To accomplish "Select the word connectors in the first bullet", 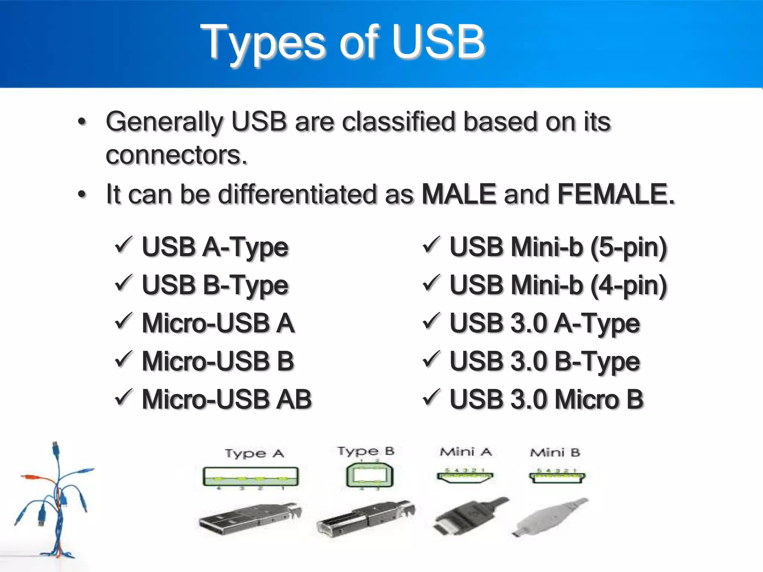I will (x=176, y=155).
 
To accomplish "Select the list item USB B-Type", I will (x=215, y=285).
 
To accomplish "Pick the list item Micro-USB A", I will (x=218, y=323).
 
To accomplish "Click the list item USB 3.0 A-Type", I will (x=545, y=323).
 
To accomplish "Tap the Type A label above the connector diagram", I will (x=254, y=454).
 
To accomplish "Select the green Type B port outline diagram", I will (x=369, y=476).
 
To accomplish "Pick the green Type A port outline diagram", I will (x=250, y=476).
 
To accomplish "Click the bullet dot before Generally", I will (x=82, y=122).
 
